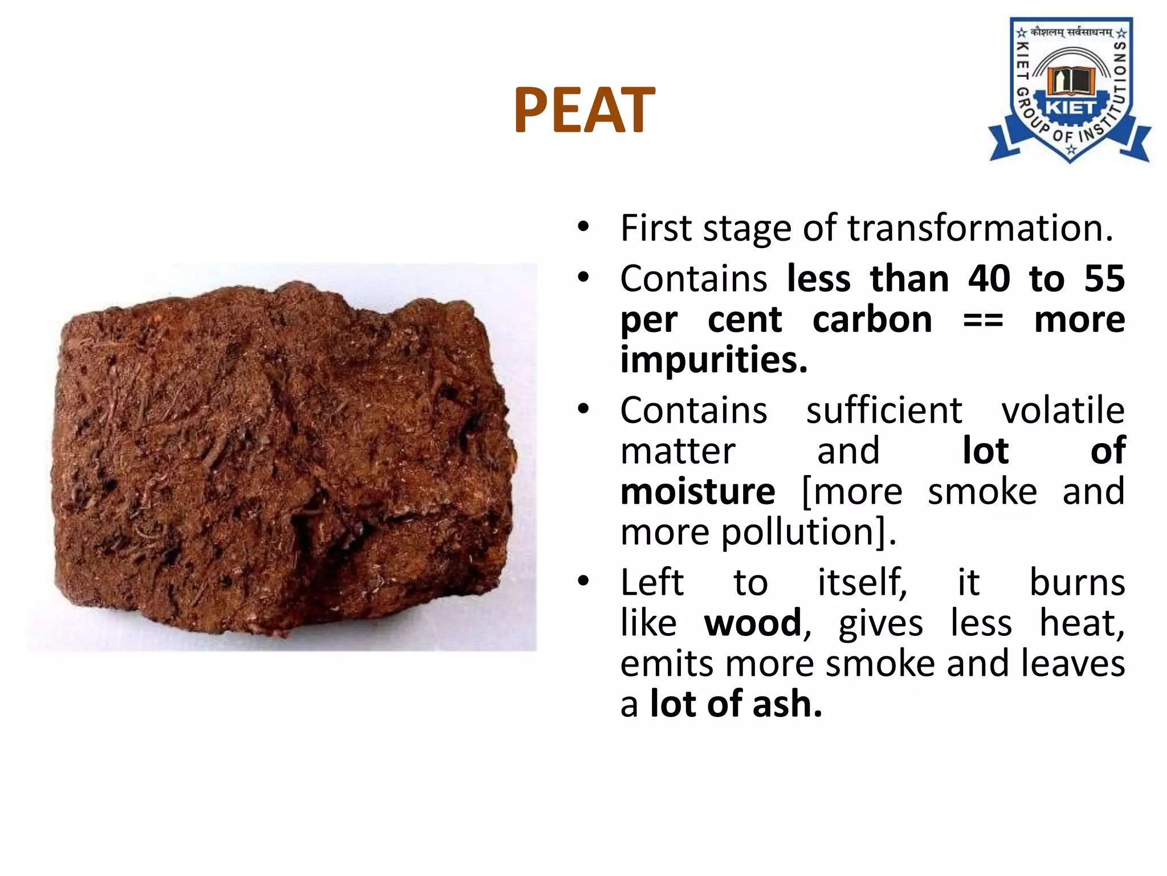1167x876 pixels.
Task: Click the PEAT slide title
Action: coord(584,110)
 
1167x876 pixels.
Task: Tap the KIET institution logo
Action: coord(1070,91)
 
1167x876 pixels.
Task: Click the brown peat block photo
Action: coord(282,456)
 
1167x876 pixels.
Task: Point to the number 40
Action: coord(989,279)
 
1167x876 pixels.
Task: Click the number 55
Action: coord(1104,279)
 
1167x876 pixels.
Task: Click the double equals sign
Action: coord(983,321)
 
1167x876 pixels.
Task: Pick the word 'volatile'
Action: coord(1063,410)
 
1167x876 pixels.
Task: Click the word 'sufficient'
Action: coord(884,410)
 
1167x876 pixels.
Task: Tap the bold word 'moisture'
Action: coord(697,492)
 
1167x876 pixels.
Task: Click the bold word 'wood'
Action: coord(753,623)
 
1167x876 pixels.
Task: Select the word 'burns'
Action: coord(1077,582)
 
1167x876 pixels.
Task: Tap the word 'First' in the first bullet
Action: coord(656,228)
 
